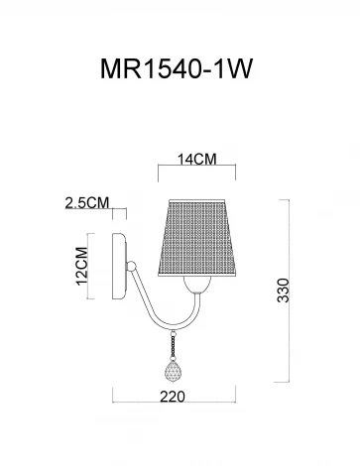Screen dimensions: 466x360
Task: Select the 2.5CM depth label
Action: [x=85, y=202]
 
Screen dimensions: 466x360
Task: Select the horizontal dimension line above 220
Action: [x=179, y=403]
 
